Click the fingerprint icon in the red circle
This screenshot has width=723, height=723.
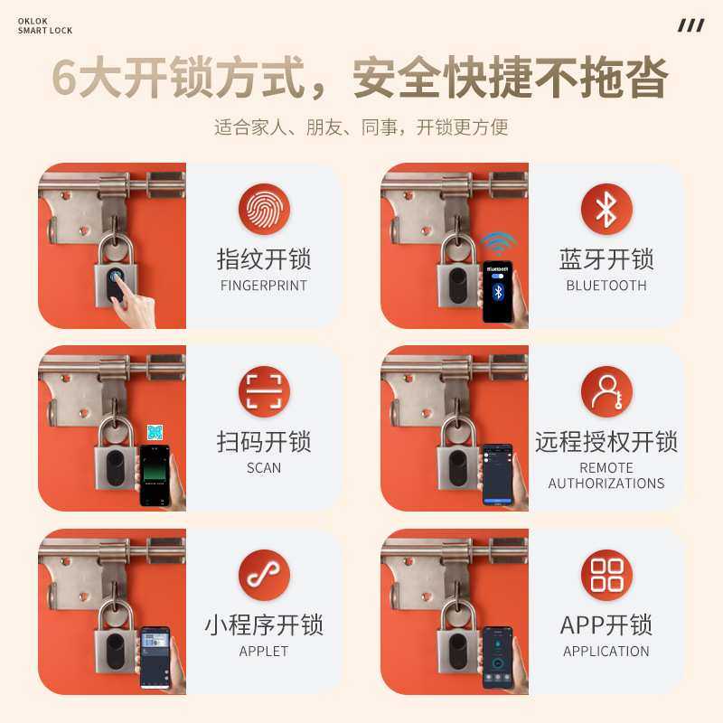[x=264, y=209]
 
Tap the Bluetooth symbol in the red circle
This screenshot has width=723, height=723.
[x=606, y=209]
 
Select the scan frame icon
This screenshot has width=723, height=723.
[x=264, y=391]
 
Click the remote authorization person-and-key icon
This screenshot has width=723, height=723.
[x=606, y=391]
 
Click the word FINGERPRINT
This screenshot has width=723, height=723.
[x=264, y=286]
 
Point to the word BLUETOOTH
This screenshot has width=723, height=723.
[x=606, y=286]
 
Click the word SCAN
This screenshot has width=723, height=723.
[x=264, y=468]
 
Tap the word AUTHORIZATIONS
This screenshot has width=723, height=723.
[x=606, y=484]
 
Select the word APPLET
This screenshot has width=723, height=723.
[x=264, y=651]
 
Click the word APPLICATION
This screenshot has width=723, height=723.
[x=606, y=651]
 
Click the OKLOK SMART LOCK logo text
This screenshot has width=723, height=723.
[x=45, y=26]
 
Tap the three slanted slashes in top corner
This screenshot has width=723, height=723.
[x=690, y=25]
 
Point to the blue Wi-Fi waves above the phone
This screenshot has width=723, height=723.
[x=497, y=243]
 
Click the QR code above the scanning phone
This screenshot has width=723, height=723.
[x=155, y=432]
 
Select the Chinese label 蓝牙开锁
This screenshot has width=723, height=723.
[x=606, y=259]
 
